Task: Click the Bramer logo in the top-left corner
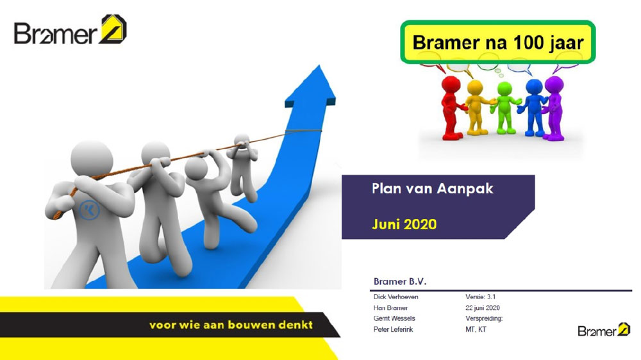71,29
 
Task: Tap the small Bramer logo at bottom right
604,329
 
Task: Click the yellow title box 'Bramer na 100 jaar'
497,42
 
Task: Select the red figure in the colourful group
451,107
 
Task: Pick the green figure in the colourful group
505,108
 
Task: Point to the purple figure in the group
554,108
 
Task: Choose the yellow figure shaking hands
477,108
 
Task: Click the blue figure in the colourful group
533,108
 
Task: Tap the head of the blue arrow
312,88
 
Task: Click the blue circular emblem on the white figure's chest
89,210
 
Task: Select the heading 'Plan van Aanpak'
433,189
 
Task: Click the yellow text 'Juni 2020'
404,224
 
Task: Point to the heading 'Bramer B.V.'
400,282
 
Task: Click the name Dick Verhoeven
395,297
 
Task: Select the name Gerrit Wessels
394,318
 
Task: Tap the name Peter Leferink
394,329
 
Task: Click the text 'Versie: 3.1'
480,297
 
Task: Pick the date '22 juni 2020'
483,307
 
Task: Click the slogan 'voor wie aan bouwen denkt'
231,325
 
